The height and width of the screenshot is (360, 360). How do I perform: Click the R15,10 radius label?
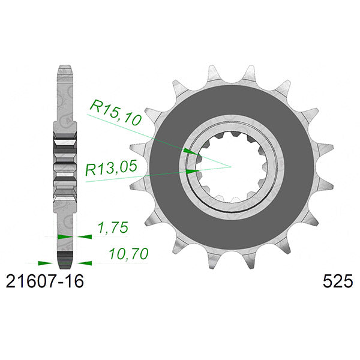pos(115,113)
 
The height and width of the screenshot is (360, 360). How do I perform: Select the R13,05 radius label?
pos(111,167)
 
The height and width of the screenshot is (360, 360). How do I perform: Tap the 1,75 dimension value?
pos(113,227)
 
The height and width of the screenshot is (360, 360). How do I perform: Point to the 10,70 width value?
pos(128,254)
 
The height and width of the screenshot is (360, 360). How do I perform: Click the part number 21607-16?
pos(45,281)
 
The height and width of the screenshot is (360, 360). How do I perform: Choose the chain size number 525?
pos(338,281)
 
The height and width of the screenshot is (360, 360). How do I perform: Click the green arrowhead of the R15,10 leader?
pos(190,152)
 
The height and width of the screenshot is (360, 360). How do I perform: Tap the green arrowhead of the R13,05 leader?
pos(193,172)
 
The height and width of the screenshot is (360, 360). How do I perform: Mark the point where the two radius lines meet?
pos(230,167)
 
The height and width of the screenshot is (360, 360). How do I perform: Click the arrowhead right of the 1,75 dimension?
pos(85,236)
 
